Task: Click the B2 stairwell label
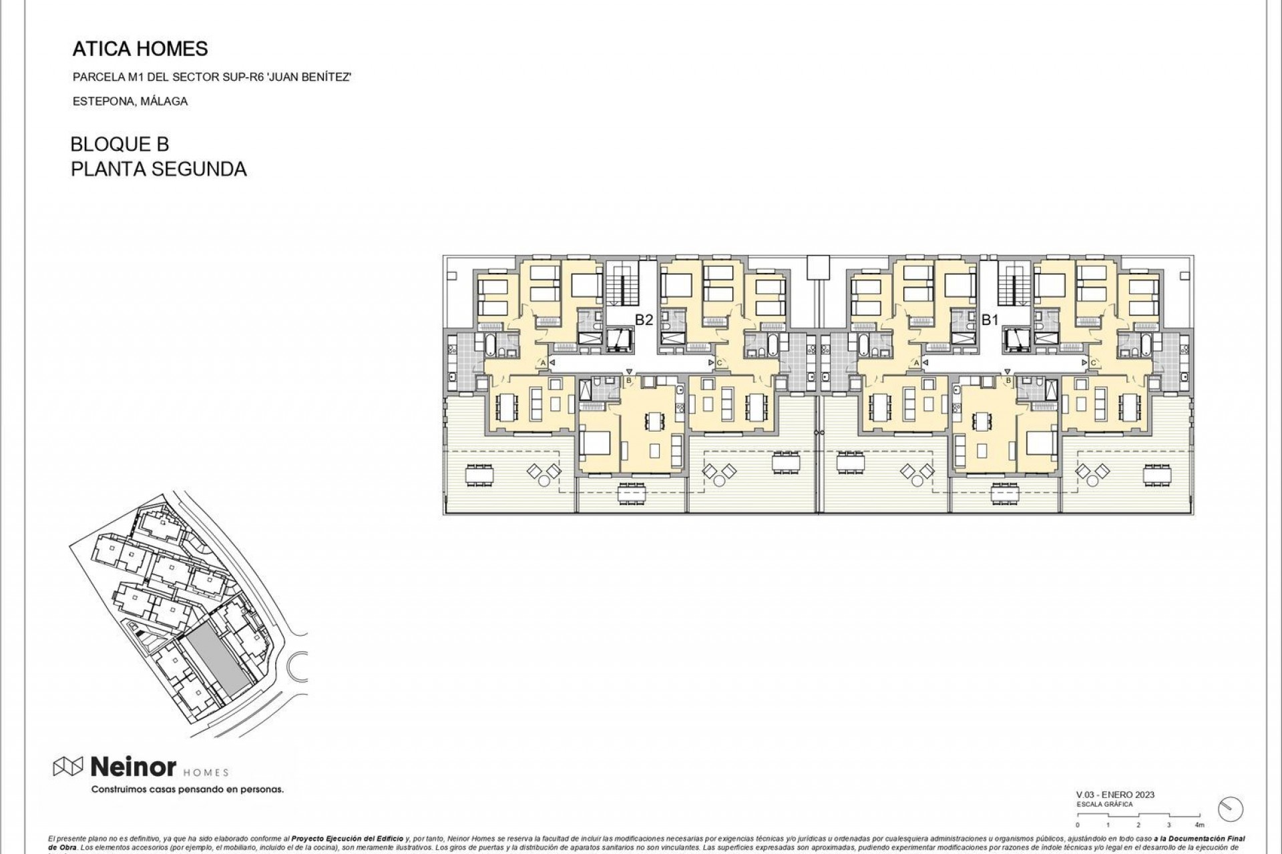point(643,320)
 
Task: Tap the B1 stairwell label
point(990,320)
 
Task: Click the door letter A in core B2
point(543,363)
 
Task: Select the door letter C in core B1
point(1094,363)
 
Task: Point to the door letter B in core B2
point(628,381)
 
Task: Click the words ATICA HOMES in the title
point(140,49)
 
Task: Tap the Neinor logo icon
point(68,767)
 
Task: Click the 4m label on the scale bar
point(1199,825)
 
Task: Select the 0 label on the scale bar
point(1077,825)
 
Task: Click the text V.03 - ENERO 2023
point(1115,795)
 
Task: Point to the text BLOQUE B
point(120,144)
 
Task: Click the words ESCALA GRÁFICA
point(1104,805)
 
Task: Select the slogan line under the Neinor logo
point(187,789)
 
